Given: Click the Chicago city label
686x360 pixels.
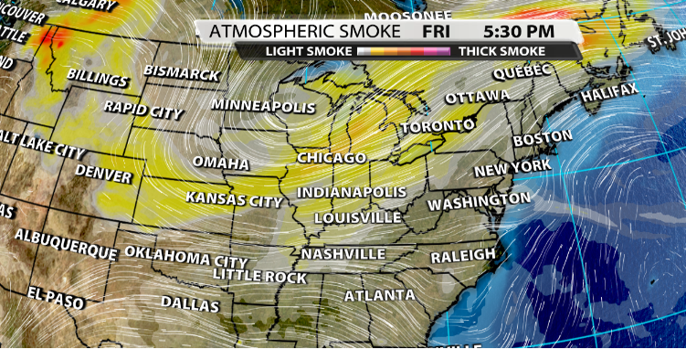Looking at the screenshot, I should point(332,158).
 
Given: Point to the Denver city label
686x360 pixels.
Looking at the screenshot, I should point(103,172).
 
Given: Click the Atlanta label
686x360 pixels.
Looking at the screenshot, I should point(379,295).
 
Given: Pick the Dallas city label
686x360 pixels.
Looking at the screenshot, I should point(190,303).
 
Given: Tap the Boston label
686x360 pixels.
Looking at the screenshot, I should point(543,140).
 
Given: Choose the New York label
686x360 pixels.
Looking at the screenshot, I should point(512,168).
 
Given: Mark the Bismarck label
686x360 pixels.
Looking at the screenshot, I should point(181,73).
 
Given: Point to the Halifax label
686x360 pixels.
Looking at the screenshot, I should point(610,92).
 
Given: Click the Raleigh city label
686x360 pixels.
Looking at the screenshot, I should point(463,255).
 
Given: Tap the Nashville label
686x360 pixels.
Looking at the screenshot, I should point(343,253).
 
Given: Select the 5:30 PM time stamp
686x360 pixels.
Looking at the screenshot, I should point(521,31).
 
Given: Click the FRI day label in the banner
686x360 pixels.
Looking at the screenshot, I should point(437,31).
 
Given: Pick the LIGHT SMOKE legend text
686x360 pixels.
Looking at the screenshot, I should point(308,51).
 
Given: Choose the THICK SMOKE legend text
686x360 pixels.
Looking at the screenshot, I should point(501,51).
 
